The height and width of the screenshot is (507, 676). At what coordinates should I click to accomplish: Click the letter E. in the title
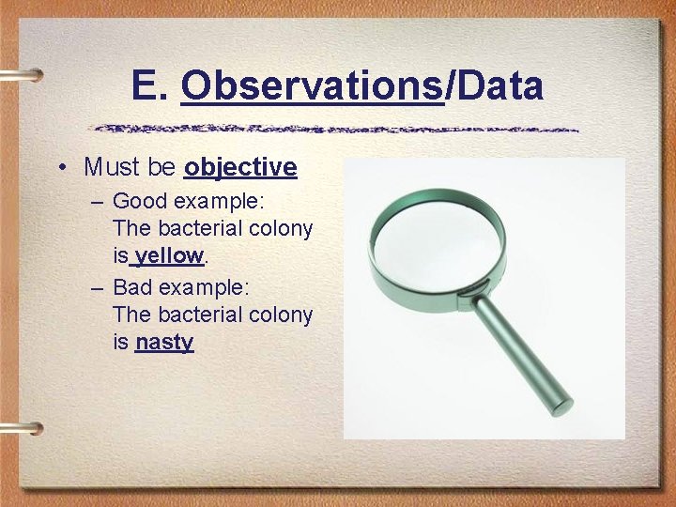151,86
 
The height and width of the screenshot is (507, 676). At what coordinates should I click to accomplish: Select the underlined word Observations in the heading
312,86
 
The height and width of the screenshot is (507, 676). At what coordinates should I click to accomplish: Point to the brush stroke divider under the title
337,129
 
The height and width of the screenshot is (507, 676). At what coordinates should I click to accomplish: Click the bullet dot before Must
60,168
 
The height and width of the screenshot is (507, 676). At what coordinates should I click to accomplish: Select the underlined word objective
240,168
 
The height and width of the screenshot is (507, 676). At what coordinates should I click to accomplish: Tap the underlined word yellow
169,255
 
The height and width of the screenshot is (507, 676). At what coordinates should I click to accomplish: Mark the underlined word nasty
163,342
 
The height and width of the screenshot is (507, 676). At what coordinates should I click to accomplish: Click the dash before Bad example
99,285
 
